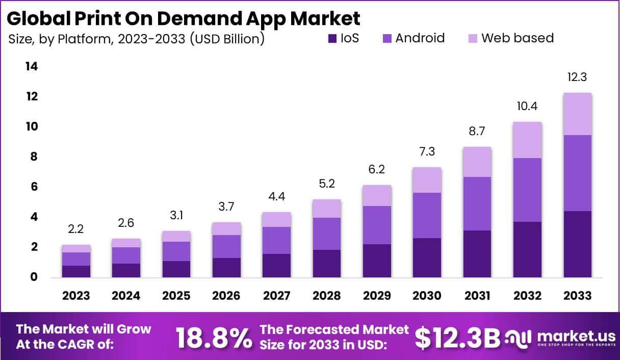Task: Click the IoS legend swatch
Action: pyautogui.click(x=332, y=38)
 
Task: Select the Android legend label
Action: pyautogui.click(x=420, y=38)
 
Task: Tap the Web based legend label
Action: pyautogui.click(x=518, y=38)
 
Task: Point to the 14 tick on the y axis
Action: pyautogui.click(x=32, y=67)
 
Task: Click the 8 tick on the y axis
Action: pyautogui.click(x=34, y=157)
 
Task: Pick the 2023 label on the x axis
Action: pyautogui.click(x=76, y=296)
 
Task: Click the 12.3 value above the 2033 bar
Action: pyautogui.click(x=577, y=78)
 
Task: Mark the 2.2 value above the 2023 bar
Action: pyautogui.click(x=76, y=229)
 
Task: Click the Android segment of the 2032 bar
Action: pyautogui.click(x=527, y=190)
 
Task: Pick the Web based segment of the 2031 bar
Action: pyautogui.click(x=477, y=162)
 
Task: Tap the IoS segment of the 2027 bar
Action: pyautogui.click(x=276, y=265)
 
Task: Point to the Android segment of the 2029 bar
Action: pyautogui.click(x=377, y=225)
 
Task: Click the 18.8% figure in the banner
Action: pyautogui.click(x=214, y=337)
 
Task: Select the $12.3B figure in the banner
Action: pyautogui.click(x=457, y=337)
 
